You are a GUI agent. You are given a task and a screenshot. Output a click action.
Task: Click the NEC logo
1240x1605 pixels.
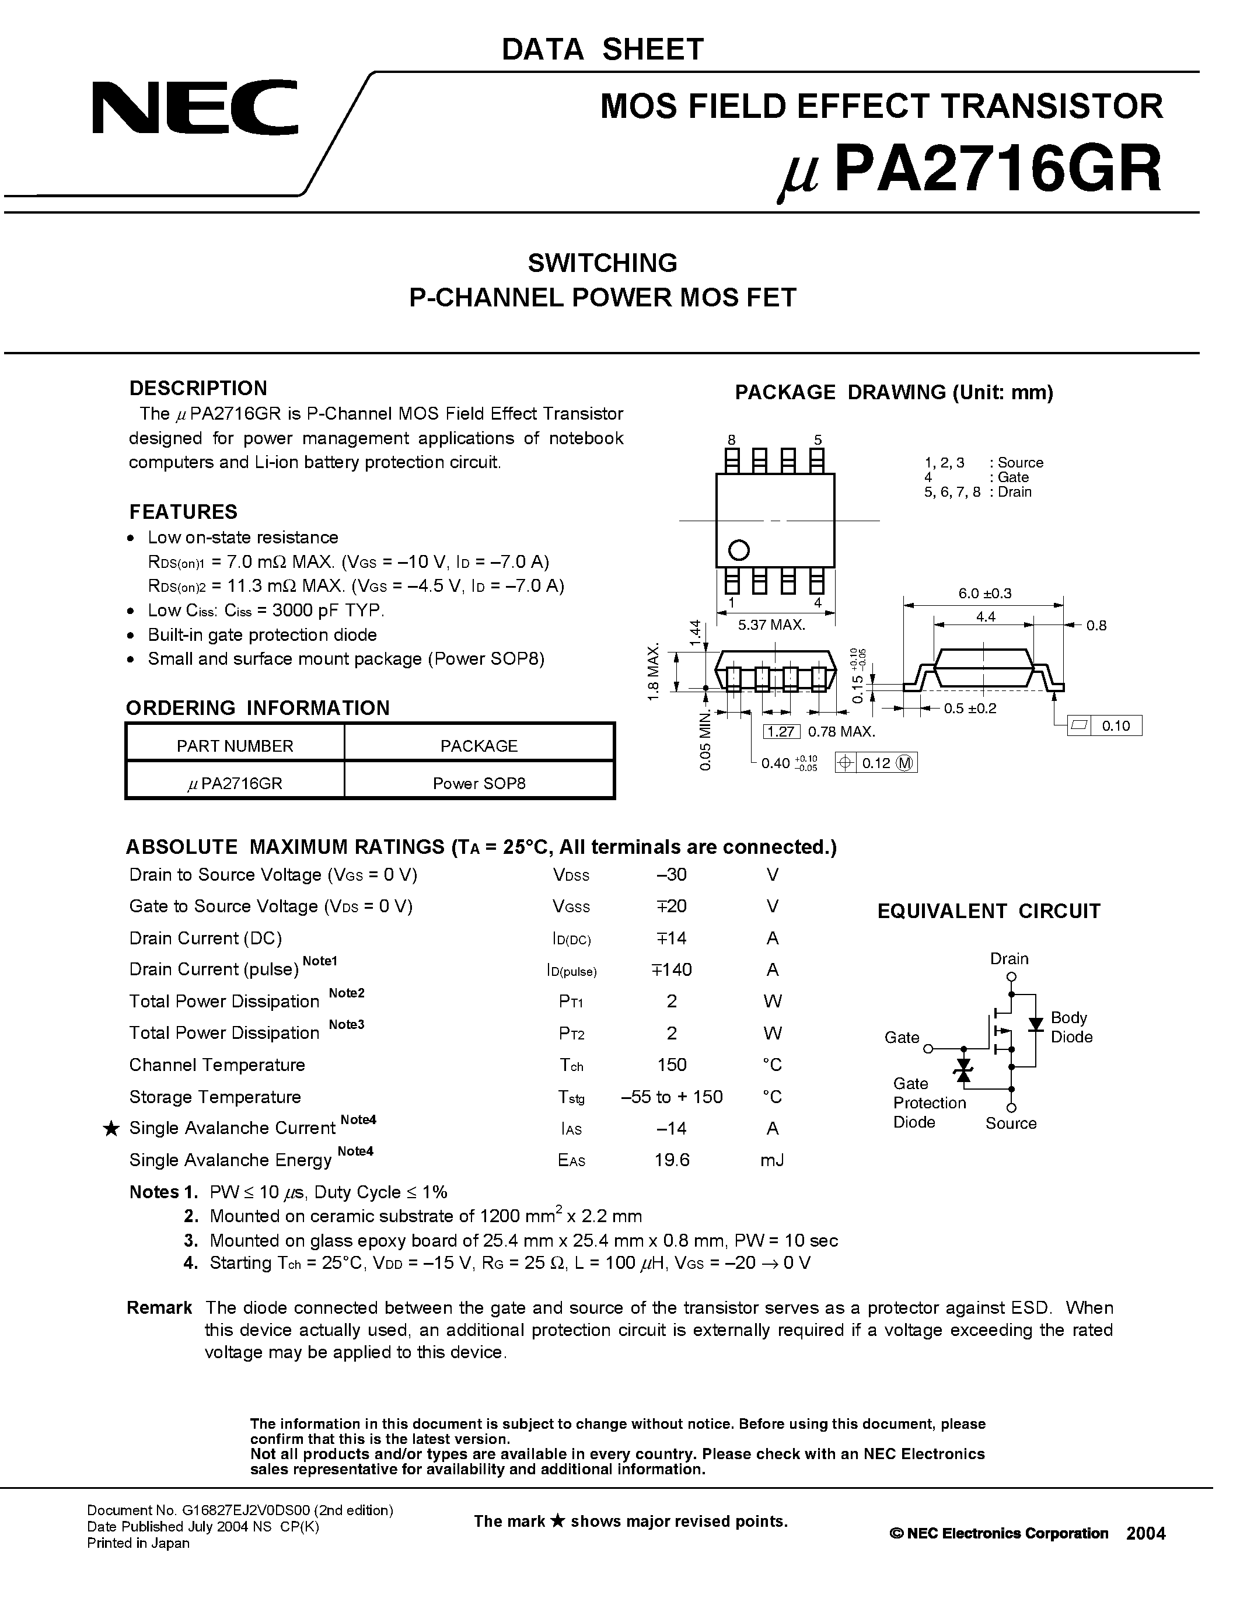[195, 108]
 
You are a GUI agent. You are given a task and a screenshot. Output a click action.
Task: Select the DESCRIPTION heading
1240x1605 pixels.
[198, 388]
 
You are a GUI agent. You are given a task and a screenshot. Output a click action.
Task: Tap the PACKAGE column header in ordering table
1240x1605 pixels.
[478, 745]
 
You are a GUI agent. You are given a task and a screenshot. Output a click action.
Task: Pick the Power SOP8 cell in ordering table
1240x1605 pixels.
[478, 783]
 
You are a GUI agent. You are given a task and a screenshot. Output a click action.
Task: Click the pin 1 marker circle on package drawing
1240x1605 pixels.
[738, 550]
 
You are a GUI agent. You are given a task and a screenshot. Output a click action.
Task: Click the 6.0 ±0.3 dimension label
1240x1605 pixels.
[984, 593]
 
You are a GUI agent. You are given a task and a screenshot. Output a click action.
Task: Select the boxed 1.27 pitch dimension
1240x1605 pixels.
[781, 731]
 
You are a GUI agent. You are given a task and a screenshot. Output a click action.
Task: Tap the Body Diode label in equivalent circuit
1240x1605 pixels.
[1071, 1027]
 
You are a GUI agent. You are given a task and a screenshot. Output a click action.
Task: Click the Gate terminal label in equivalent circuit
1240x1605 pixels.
[902, 1037]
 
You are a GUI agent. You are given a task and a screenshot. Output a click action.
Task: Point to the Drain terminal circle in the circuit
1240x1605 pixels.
[1011, 978]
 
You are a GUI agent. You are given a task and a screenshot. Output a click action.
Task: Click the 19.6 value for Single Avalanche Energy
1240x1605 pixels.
[672, 1160]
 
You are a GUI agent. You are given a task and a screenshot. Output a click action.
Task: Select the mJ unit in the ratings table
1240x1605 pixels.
[772, 1160]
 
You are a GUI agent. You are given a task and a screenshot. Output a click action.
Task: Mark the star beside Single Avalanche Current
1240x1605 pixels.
[110, 1129]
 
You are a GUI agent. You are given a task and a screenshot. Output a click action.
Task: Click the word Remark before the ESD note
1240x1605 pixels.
[159, 1307]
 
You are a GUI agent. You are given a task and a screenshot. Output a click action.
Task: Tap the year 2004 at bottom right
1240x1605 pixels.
[1145, 1533]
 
